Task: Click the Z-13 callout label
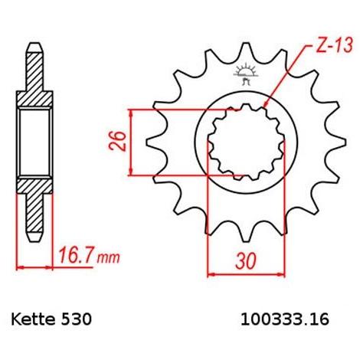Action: [335, 46]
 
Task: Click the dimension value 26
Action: [118, 141]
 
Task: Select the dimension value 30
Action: [245, 261]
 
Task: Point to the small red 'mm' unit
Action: [108, 258]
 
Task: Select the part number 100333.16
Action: [285, 319]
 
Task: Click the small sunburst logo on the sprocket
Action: [245, 73]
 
